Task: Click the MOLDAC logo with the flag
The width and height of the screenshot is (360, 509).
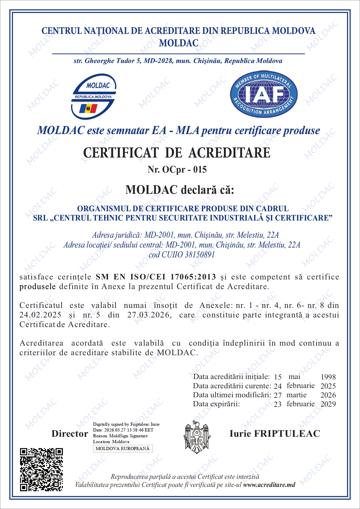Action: [x=93, y=97]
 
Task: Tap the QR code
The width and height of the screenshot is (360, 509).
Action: [x=41, y=470]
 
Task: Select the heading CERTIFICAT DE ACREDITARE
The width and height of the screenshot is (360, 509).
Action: [x=177, y=153]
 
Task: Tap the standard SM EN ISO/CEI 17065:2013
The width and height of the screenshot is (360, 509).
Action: [x=156, y=277]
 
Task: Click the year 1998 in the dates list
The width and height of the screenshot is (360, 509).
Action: [x=328, y=377]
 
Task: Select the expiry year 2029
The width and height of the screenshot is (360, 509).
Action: [x=328, y=404]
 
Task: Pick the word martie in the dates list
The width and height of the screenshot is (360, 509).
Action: [x=296, y=395]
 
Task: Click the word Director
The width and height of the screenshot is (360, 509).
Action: [x=70, y=434]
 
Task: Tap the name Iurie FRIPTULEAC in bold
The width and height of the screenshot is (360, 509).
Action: [x=275, y=434]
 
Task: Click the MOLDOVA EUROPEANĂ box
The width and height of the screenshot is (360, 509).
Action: [x=123, y=448]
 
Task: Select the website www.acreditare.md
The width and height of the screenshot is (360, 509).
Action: [x=269, y=485]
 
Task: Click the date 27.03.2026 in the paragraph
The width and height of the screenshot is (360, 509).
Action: [x=149, y=315]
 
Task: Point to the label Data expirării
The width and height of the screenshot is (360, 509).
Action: [x=216, y=404]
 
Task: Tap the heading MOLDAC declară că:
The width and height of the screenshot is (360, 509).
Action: [x=180, y=190]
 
